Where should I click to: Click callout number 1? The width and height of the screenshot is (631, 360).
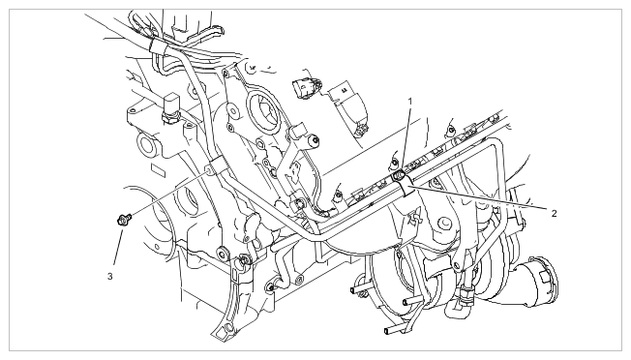coord(410,102)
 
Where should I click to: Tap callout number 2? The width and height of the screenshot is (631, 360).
coord(555,213)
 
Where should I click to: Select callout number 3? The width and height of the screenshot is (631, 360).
coord(110,277)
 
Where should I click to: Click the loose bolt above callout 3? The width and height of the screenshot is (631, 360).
coord(124,220)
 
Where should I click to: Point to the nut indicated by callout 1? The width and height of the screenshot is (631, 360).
coord(399,175)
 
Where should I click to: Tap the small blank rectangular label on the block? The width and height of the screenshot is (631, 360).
coord(158,170)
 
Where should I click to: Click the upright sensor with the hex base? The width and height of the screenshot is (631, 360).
coord(168,107)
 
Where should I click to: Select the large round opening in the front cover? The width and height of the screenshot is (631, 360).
coord(263,112)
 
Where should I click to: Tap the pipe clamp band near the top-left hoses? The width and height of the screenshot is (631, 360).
coord(158,46)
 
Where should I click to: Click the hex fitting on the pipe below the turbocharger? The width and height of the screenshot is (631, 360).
coord(466,295)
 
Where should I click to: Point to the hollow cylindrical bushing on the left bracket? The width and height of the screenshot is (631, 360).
coord(146,145)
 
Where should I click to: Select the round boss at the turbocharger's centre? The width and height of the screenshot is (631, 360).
coord(444,224)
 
